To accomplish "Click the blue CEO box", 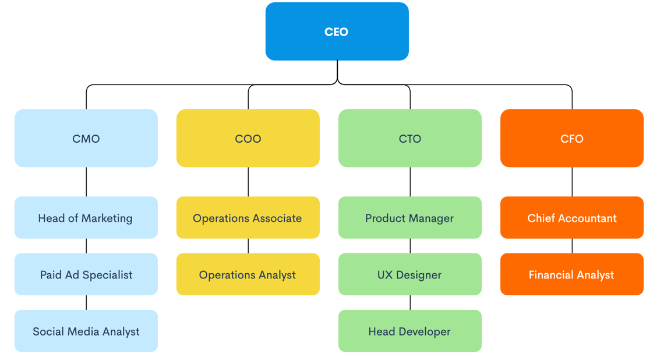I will (x=337, y=31).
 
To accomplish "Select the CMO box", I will (x=86, y=138).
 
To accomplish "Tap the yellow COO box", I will (x=248, y=138).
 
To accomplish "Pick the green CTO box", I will (x=410, y=138).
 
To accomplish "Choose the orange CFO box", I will (x=572, y=138).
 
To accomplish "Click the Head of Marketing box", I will (x=86, y=217).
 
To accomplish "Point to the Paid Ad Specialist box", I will (x=86, y=274).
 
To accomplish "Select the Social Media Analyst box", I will (x=86, y=331).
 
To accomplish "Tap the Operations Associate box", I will (x=248, y=217).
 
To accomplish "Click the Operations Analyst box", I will (x=248, y=274).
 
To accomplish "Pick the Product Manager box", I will (x=410, y=217).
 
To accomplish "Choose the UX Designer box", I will (x=410, y=274).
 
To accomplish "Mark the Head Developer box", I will (x=410, y=331).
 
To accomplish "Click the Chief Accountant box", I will (x=572, y=217).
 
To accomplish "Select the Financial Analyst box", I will (x=572, y=274).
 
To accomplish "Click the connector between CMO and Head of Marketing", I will (x=86, y=182).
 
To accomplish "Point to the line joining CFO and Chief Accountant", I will (x=572, y=182).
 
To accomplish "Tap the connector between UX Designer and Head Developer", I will (x=410, y=302).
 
